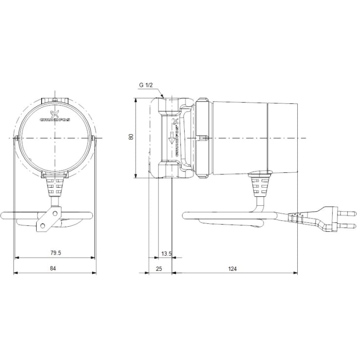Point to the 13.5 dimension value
pos(166,253)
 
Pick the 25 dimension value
pos(159,269)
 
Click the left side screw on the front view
pos(17,139)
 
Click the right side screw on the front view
pos(94,139)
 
